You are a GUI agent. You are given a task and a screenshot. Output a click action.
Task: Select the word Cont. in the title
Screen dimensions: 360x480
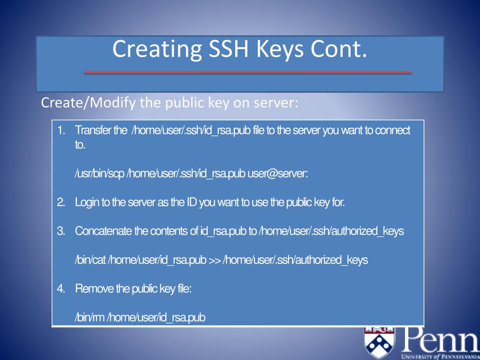(337, 50)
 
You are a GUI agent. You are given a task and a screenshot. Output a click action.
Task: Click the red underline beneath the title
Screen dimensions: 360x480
(247, 72)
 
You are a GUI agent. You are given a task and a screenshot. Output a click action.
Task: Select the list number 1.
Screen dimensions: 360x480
(60, 130)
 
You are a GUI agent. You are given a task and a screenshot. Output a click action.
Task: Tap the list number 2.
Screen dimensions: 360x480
(60, 202)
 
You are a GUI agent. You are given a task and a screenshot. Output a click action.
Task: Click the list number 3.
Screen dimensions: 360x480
(60, 231)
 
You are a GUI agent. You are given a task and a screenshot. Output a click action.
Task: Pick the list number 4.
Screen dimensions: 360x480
(60, 289)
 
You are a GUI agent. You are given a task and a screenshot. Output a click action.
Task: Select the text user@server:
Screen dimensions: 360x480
(277, 174)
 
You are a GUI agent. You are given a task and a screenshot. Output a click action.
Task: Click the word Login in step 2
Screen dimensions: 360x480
(87, 202)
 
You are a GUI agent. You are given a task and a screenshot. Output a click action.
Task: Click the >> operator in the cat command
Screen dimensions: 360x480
(214, 260)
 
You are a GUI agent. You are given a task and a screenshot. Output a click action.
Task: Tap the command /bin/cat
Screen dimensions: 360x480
(90, 260)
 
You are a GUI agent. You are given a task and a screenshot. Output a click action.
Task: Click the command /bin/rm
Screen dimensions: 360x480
(90, 318)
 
